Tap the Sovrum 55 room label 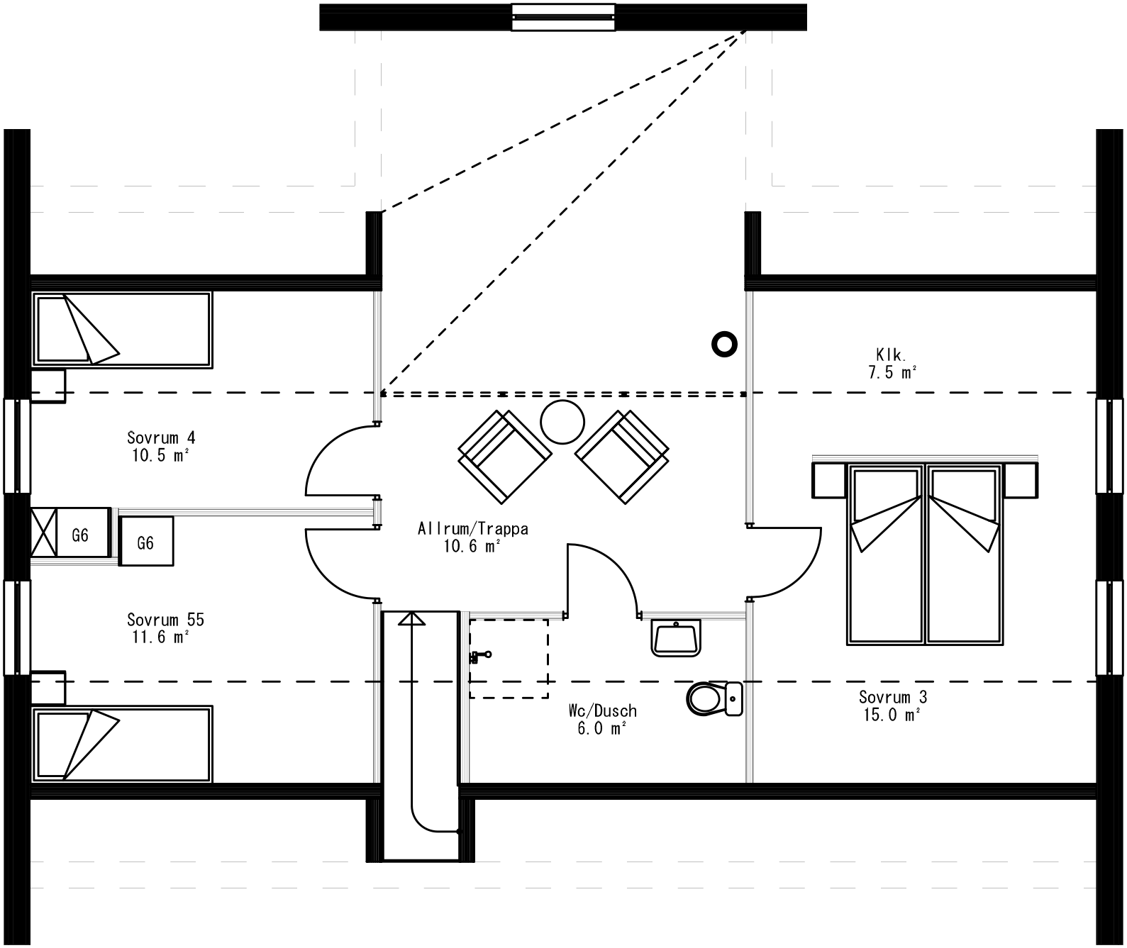(165, 628)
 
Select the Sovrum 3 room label (892, 706)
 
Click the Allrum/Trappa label (472, 537)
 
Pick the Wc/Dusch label (602, 719)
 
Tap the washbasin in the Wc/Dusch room (676, 637)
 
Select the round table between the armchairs (562, 422)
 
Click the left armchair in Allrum (504, 457)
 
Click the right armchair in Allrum (623, 457)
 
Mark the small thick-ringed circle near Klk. (724, 345)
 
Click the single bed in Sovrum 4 (122, 330)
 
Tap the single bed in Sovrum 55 (122, 744)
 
